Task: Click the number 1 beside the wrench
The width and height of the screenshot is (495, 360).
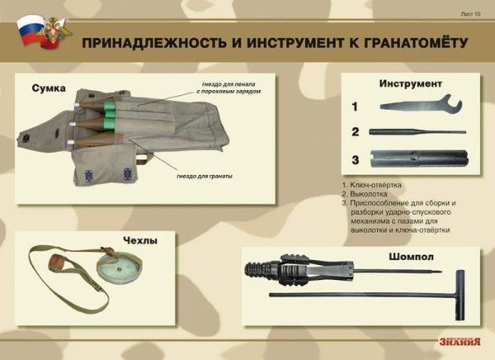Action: point(354,107)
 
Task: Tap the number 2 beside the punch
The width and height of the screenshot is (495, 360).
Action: point(354,131)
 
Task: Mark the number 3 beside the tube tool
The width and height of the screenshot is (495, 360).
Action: point(354,159)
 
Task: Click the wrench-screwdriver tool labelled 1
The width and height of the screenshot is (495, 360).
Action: point(416,107)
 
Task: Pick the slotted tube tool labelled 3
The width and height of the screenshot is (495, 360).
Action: point(417,159)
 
